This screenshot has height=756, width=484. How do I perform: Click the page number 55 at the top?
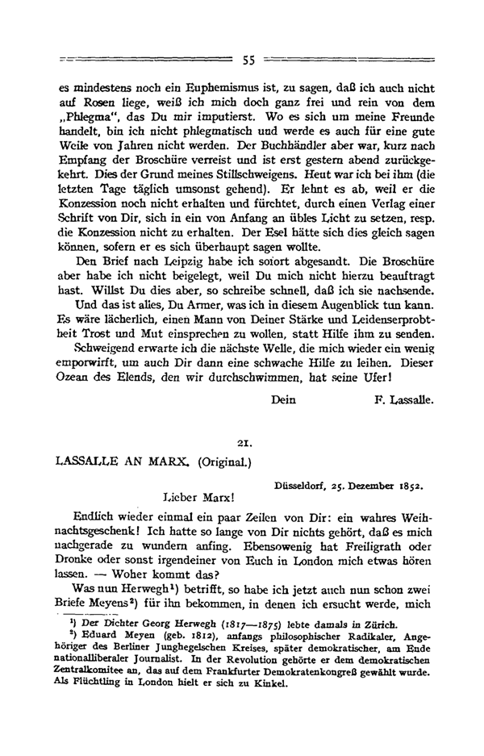(248, 60)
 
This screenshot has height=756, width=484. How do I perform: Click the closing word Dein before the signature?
(284, 399)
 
